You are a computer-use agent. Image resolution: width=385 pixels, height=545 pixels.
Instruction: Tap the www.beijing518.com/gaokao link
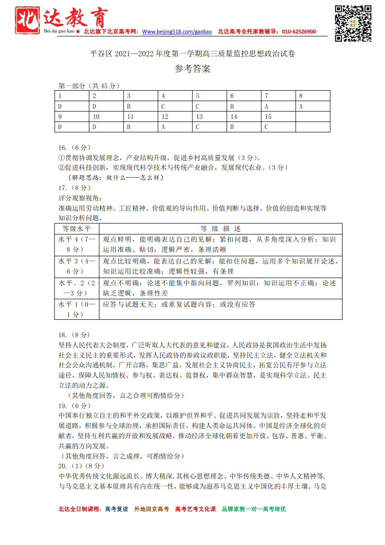coord(177,32)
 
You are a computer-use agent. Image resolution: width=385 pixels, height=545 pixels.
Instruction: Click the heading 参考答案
coord(192,69)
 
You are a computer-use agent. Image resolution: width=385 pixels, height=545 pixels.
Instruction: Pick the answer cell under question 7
coord(278,106)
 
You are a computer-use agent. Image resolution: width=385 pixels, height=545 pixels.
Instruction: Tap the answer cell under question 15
coord(278,127)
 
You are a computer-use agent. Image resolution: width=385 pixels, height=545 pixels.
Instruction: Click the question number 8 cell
coord(313,96)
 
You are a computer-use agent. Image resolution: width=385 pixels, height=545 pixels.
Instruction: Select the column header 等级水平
coord(77,229)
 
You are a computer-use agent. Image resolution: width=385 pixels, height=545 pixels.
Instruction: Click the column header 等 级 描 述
coord(221,229)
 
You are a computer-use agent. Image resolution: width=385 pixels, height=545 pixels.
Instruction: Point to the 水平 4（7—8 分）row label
coord(77,245)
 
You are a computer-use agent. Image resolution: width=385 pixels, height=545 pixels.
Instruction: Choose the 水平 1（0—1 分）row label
coord(77,309)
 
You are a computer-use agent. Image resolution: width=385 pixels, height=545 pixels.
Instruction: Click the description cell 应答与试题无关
coord(179,304)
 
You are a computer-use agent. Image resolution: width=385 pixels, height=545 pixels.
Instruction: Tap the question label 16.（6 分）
coord(74,148)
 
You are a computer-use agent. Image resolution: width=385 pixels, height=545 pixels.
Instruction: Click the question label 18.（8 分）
coord(74,335)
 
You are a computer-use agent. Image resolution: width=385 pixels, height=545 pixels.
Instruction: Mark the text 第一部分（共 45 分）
coord(89,86)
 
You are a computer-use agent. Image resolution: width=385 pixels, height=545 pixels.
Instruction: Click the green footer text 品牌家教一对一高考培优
coord(254,509)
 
